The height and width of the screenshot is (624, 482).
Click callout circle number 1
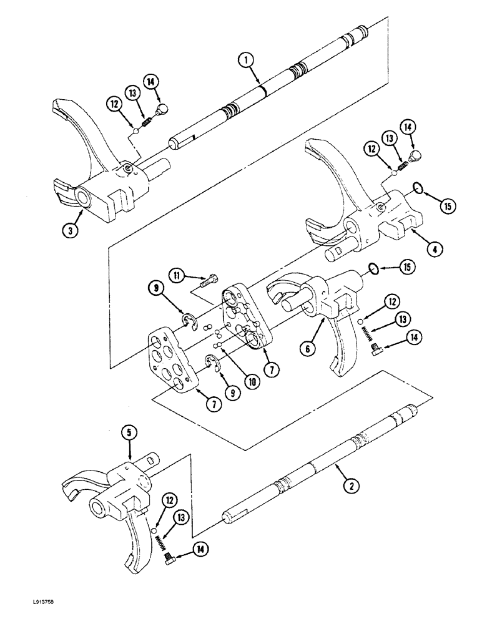pos(248,61)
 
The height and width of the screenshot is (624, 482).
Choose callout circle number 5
pos(129,431)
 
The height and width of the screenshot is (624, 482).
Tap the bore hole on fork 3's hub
pos(82,198)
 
